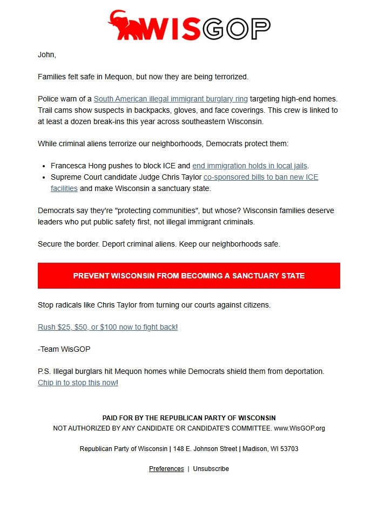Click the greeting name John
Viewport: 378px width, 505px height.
[x=46, y=54]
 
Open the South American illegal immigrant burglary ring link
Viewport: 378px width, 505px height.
[x=171, y=99]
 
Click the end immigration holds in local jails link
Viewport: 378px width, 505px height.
[x=249, y=166]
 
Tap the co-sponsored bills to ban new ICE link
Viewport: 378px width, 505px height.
[x=260, y=177]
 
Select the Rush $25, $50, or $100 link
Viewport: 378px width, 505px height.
[x=107, y=327]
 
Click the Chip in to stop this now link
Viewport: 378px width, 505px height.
[x=77, y=383]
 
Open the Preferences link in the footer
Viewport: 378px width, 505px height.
[x=166, y=469]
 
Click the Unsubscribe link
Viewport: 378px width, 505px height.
[x=211, y=469]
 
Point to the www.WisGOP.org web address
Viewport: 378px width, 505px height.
[x=299, y=428]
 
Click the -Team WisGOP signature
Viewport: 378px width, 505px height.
[x=64, y=349]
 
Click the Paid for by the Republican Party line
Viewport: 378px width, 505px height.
[x=189, y=418]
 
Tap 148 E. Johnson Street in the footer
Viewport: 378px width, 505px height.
[x=205, y=449]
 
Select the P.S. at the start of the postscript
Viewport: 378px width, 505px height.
[x=44, y=372]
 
